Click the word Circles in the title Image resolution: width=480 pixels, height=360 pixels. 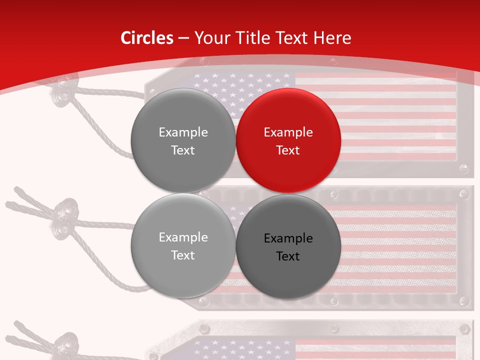click(146, 38)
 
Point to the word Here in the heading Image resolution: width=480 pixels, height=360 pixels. click(332, 38)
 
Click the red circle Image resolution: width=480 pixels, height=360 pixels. click(288, 140)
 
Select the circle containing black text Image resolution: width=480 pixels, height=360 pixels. click(288, 246)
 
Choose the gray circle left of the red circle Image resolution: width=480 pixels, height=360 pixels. click(183, 140)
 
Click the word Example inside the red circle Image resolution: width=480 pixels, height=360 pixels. click(288, 132)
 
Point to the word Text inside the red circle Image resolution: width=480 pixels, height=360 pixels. click(288, 150)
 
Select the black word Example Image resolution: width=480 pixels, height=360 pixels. click(288, 238)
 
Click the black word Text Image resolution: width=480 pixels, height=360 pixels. click(288, 256)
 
